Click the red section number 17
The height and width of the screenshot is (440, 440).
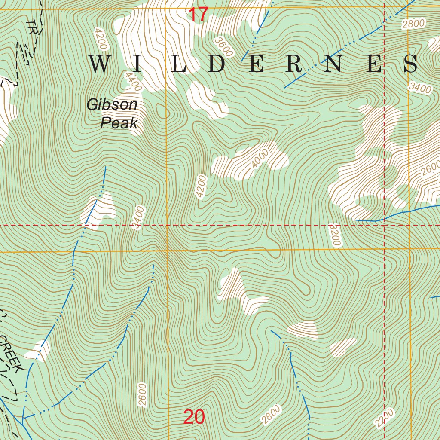pyautogui.click(x=199, y=15)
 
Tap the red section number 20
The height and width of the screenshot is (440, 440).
pyautogui.click(x=194, y=417)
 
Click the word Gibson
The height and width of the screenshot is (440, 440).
pyautogui.click(x=112, y=104)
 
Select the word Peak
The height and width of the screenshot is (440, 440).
pyautogui.click(x=119, y=124)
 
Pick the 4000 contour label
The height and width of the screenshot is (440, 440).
pyautogui.click(x=260, y=159)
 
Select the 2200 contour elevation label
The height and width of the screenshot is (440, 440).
pyautogui.click(x=384, y=418)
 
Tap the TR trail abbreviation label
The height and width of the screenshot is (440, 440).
pyautogui.click(x=31, y=27)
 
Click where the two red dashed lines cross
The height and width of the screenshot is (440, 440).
pyautogui.click(x=384, y=225)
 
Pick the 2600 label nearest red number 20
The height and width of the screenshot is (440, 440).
pyautogui.click(x=143, y=395)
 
